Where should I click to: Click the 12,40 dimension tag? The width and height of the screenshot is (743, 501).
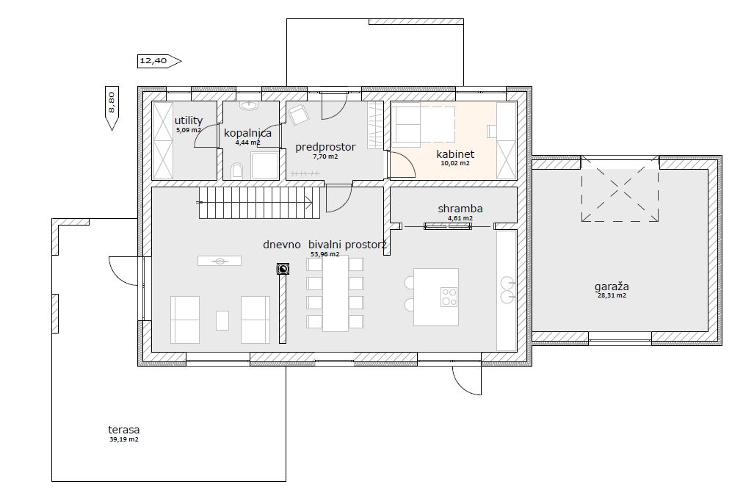(x=159, y=61)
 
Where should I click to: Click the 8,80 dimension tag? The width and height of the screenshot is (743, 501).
(x=112, y=108)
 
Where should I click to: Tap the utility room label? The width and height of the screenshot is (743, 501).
(x=189, y=120)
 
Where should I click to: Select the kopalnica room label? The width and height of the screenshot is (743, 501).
(x=248, y=133)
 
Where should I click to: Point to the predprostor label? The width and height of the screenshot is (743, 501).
(x=325, y=147)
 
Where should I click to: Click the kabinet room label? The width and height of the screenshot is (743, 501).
(x=455, y=154)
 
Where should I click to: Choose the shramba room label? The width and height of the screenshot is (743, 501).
(x=460, y=209)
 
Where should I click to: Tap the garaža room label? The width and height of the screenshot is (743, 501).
(x=612, y=286)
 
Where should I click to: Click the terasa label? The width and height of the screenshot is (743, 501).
(x=123, y=430)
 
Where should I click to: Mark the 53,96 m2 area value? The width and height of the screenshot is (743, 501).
(x=325, y=254)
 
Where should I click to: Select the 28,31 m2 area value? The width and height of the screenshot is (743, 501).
(x=612, y=295)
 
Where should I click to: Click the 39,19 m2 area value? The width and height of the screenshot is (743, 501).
(x=123, y=439)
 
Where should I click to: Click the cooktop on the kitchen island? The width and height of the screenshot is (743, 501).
(x=449, y=297)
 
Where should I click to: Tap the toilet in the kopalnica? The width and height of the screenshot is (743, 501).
(x=237, y=171)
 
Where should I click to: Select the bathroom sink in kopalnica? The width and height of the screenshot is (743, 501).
(x=249, y=105)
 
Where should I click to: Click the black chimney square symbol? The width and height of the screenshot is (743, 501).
(x=283, y=269)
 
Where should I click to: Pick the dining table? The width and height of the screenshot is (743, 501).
(x=336, y=294)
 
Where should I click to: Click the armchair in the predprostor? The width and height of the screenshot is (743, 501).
(x=299, y=114)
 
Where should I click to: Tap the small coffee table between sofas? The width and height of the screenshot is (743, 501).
(x=222, y=320)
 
